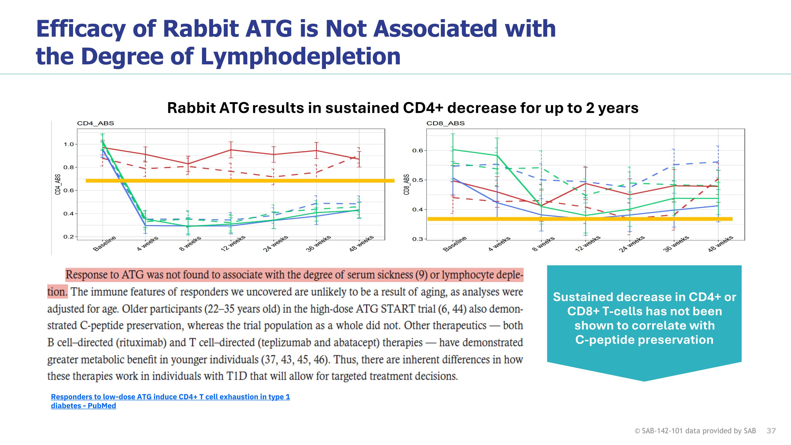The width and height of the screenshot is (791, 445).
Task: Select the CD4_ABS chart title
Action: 95,123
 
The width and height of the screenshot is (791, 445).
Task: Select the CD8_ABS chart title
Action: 445,123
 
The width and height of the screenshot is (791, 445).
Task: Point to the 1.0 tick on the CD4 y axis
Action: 69,144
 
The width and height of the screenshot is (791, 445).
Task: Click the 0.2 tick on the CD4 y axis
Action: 69,237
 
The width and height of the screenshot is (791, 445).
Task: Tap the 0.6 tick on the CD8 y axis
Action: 418,150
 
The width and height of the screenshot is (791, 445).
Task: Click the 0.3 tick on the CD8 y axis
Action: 418,239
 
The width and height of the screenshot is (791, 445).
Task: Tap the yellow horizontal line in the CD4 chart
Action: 239,181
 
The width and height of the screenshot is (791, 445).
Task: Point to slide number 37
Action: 771,430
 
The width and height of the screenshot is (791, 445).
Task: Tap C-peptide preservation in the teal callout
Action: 644,340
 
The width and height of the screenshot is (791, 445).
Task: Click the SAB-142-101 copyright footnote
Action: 695,430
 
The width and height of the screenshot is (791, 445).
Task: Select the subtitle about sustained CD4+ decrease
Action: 403,108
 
